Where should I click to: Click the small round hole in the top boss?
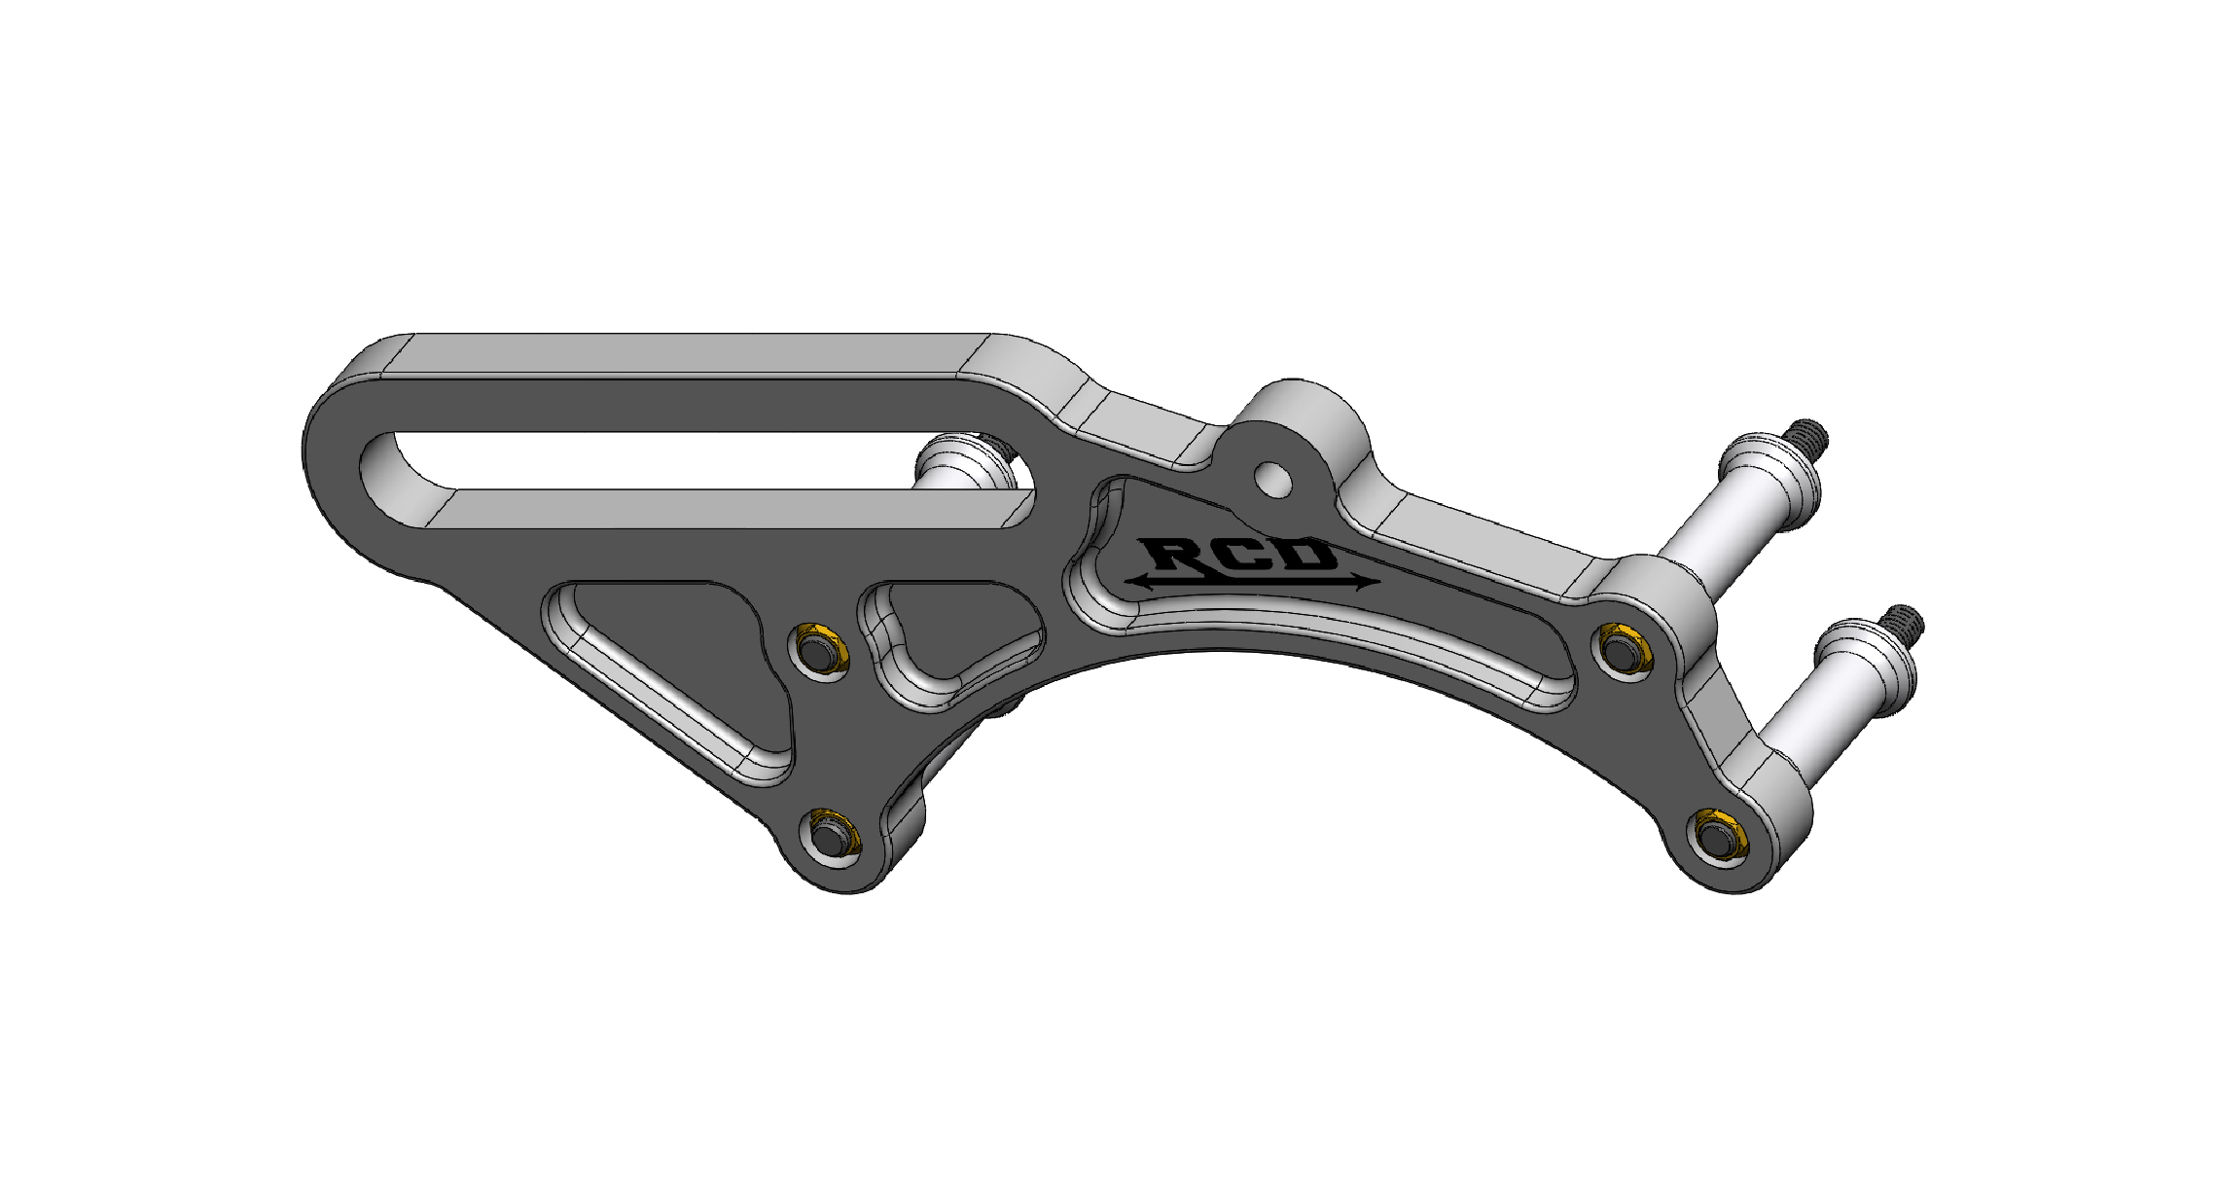tap(1273, 478)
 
